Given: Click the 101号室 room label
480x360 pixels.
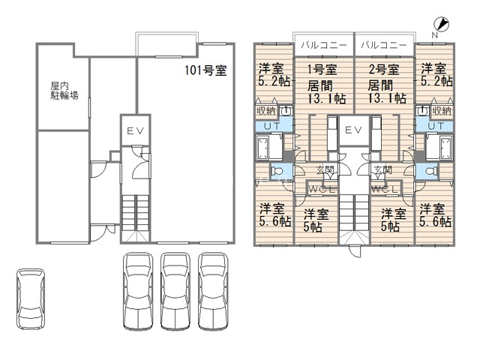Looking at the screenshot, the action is coord(205,70).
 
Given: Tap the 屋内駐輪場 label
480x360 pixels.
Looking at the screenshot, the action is coord(64,91).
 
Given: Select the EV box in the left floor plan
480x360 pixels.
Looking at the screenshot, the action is coord(135,130).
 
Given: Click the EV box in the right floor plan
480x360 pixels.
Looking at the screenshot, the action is coord(353,130).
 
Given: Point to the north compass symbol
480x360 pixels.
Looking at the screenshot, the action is coord(441,25).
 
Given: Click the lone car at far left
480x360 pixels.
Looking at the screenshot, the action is coord(30,299).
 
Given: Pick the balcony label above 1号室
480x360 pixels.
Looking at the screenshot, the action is coord(324,45).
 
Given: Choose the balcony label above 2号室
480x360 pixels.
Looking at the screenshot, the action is coord(384,45).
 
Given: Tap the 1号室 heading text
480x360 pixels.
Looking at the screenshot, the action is coord(322,70).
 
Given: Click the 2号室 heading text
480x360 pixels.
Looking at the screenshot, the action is coord(384,70).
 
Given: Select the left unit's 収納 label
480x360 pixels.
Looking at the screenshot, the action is coord(266,111).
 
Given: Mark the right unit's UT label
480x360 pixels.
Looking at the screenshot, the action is coord(436,126).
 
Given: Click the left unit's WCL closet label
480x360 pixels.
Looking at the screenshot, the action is coord(322,190).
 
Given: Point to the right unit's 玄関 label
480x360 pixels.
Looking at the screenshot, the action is coord(383,169).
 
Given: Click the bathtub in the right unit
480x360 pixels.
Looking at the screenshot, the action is coord(445,148).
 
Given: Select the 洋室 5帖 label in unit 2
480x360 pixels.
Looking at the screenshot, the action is coord(393,220).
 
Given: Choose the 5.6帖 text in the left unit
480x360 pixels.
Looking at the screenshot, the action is coord(275,221).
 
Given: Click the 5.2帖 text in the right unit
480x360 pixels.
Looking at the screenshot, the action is coord(436,81).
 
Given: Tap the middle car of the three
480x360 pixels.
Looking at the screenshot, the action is coord(175,292).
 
